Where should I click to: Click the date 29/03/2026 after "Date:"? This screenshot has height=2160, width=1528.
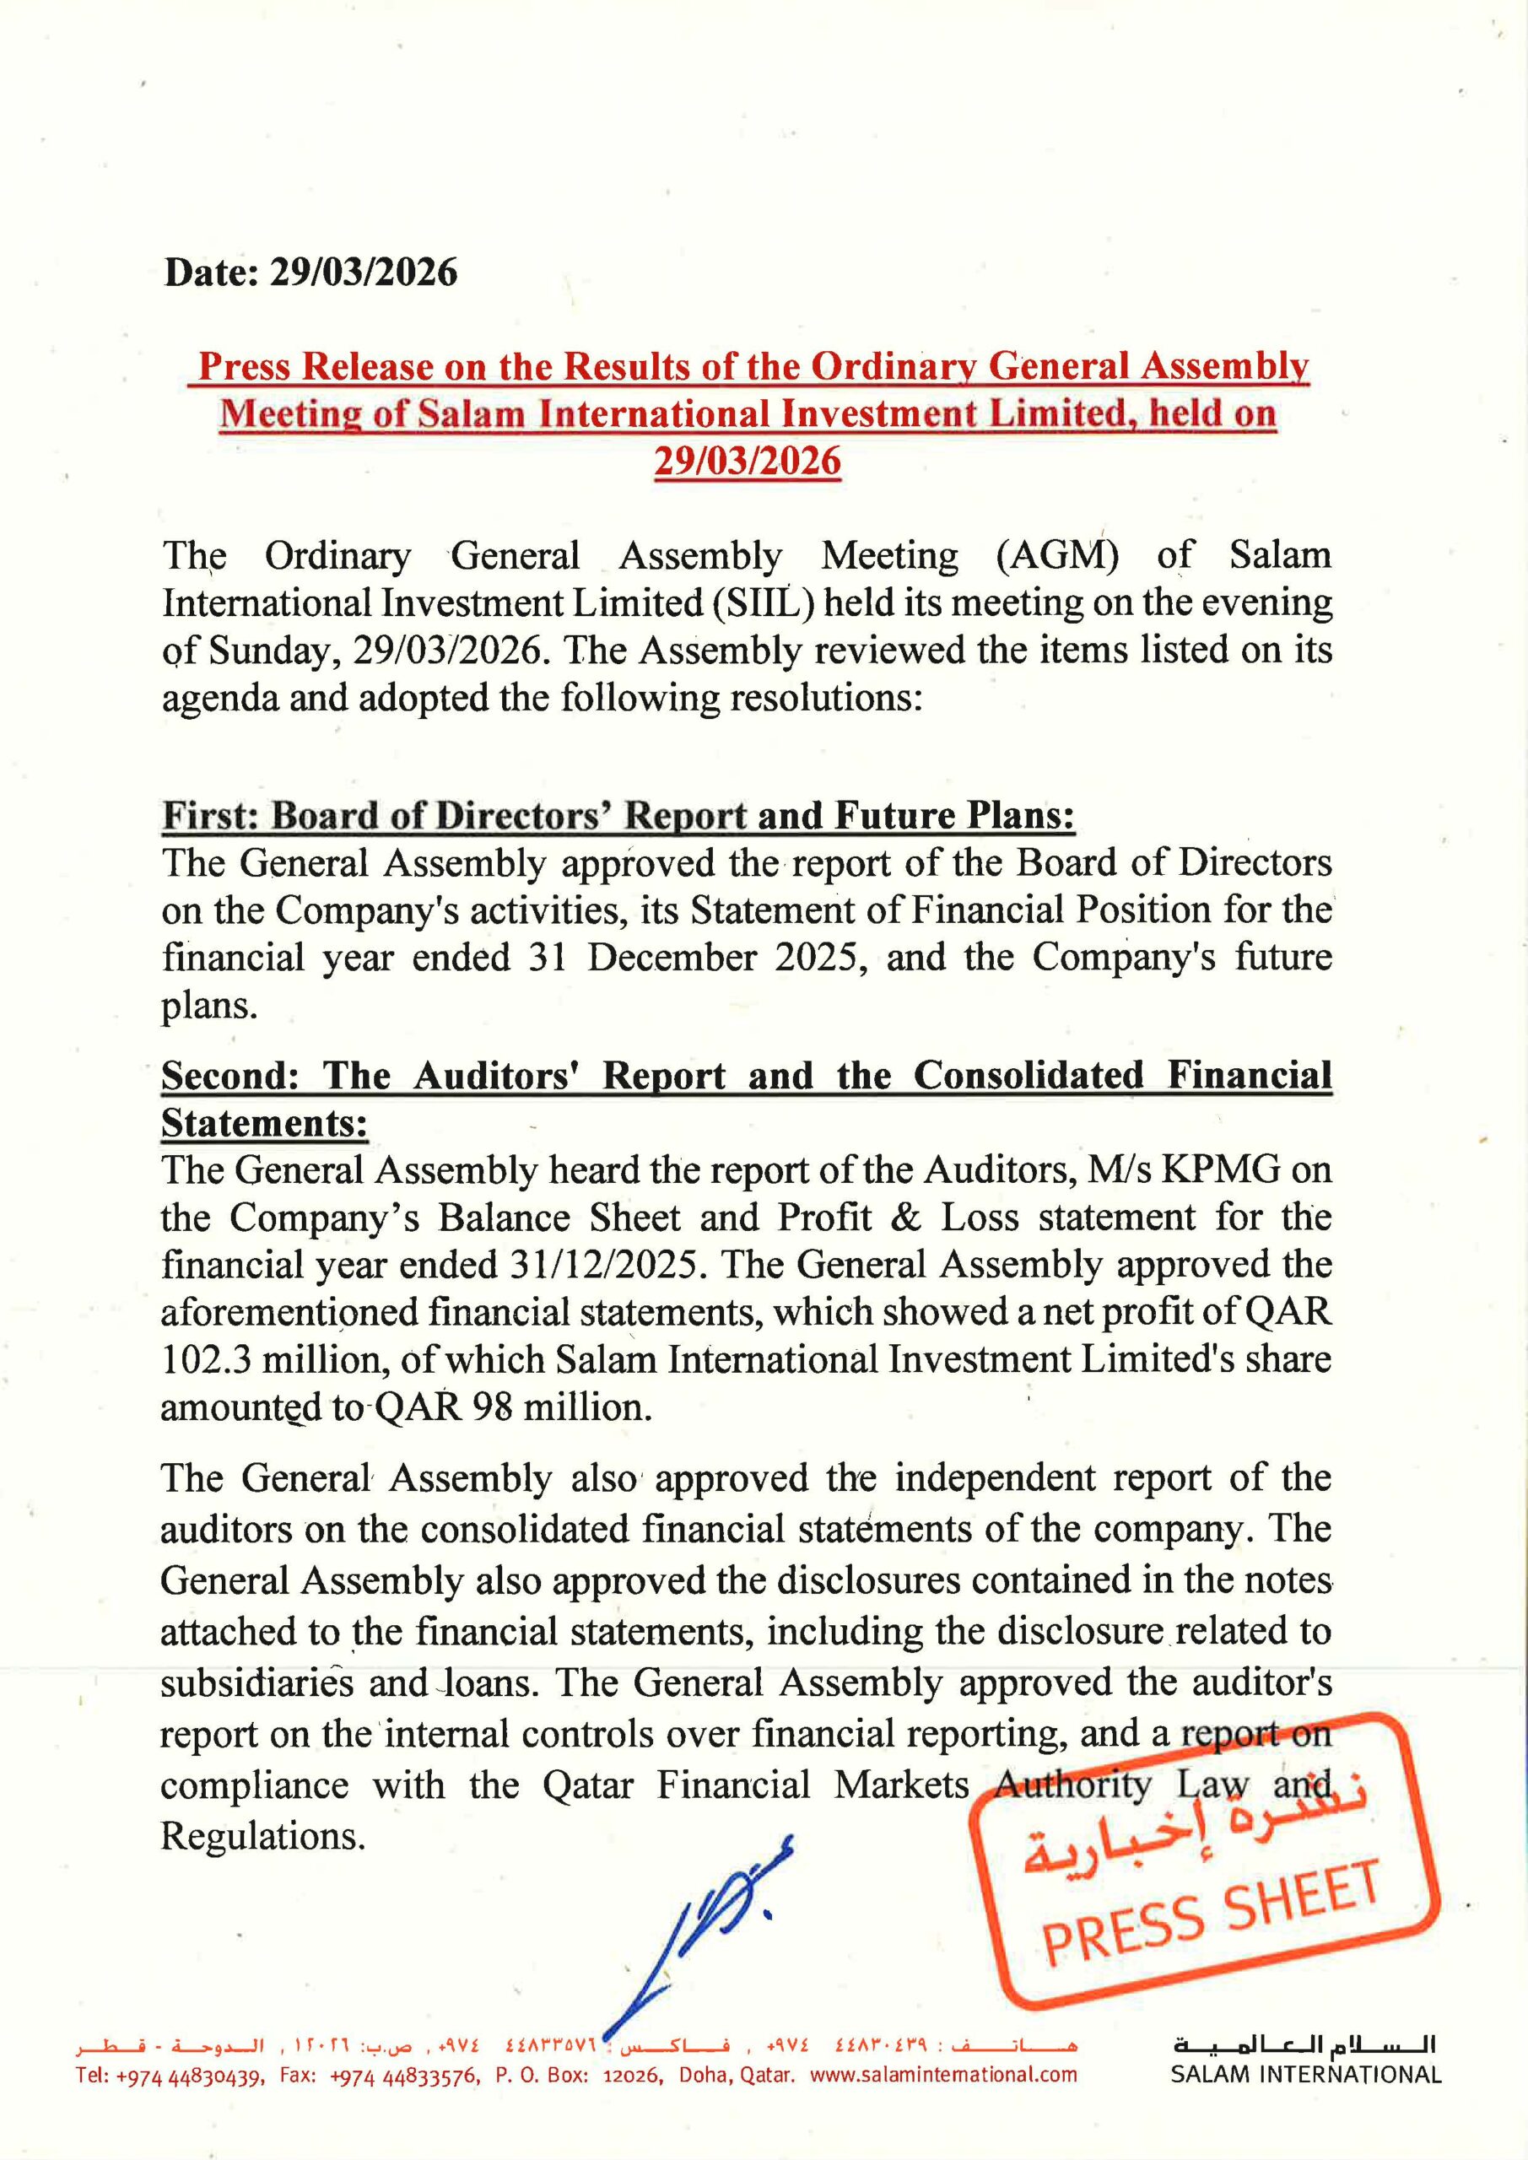point(363,273)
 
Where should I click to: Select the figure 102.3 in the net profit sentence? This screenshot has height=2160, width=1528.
point(208,1359)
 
